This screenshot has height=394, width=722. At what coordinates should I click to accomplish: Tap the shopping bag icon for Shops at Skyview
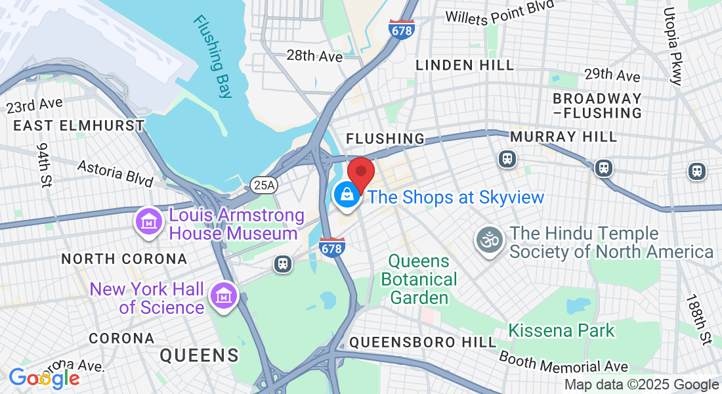345,195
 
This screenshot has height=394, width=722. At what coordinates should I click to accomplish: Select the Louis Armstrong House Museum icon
148,221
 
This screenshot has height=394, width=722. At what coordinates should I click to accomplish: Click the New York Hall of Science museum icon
223,296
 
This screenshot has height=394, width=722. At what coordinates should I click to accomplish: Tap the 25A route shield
264,186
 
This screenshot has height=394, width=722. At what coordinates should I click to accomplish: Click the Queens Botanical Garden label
419,279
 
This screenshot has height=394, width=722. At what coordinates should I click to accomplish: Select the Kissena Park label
563,330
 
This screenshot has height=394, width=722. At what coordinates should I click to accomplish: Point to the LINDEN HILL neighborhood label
465,65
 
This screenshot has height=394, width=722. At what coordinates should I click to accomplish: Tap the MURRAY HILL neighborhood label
564,137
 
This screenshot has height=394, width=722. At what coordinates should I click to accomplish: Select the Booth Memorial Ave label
563,362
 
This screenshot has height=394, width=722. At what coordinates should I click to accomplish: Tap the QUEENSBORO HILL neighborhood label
423,342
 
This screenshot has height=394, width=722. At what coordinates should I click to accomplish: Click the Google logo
44,378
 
